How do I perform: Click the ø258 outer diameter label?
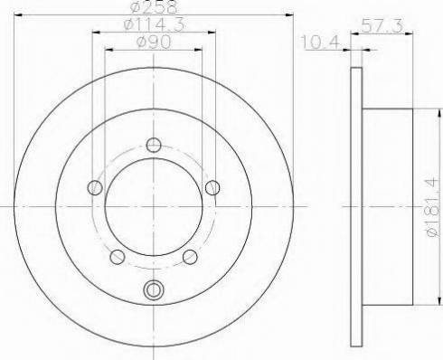[152, 7]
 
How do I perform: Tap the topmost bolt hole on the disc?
[153, 145]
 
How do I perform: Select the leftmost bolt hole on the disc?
[95, 187]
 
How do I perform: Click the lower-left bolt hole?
[117, 256]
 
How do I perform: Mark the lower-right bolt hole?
[190, 256]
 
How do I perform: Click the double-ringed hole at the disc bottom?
[153, 290]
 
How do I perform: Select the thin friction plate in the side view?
[355, 207]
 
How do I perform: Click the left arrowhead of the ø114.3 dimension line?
[95, 33]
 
